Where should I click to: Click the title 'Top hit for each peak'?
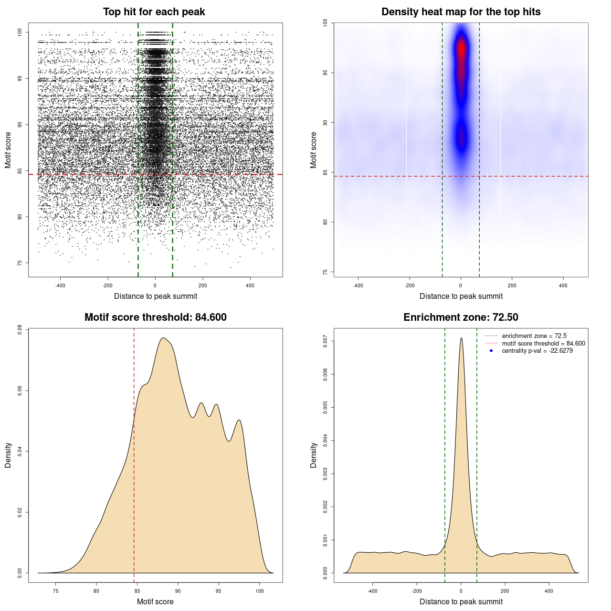154,12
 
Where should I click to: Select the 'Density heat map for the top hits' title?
461,12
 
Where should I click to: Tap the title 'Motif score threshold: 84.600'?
155,317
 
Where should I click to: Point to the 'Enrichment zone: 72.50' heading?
461,317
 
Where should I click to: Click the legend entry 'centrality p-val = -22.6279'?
537,351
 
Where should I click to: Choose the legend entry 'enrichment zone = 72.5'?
534,336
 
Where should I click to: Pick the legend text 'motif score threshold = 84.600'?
543,344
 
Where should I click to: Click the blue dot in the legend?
491,351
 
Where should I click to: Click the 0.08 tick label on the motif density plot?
20,330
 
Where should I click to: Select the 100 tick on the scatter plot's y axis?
20,32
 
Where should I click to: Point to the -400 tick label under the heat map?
358,285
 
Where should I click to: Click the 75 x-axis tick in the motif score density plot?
56,591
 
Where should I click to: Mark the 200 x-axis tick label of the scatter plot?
203,285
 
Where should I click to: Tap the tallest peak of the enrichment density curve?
461,338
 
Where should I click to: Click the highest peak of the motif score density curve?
163,338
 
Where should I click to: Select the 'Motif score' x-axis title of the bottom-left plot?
155,601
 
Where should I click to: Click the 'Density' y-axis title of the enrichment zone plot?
314,455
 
